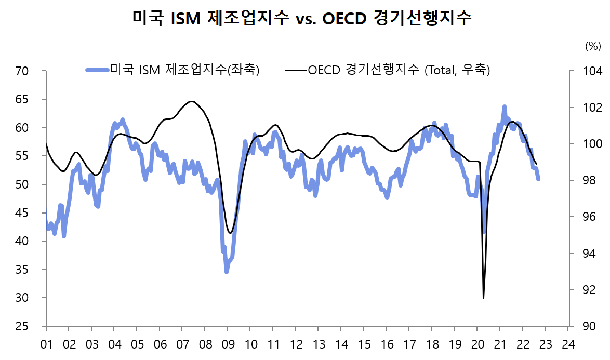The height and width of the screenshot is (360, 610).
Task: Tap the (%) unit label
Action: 593,46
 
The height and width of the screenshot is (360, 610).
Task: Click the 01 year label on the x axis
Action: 46,343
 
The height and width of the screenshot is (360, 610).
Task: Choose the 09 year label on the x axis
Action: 228,343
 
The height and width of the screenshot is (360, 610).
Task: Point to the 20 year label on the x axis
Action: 477,343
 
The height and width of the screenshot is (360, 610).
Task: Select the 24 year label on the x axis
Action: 568,343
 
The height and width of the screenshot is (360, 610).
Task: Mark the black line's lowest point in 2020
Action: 484,298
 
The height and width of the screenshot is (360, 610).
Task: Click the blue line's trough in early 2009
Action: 227,272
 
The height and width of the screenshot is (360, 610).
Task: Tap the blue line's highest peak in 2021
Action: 504,106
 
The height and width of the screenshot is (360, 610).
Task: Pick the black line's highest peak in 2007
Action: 191,101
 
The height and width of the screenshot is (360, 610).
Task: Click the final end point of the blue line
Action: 538,179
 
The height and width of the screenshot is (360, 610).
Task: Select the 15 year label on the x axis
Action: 364,343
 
